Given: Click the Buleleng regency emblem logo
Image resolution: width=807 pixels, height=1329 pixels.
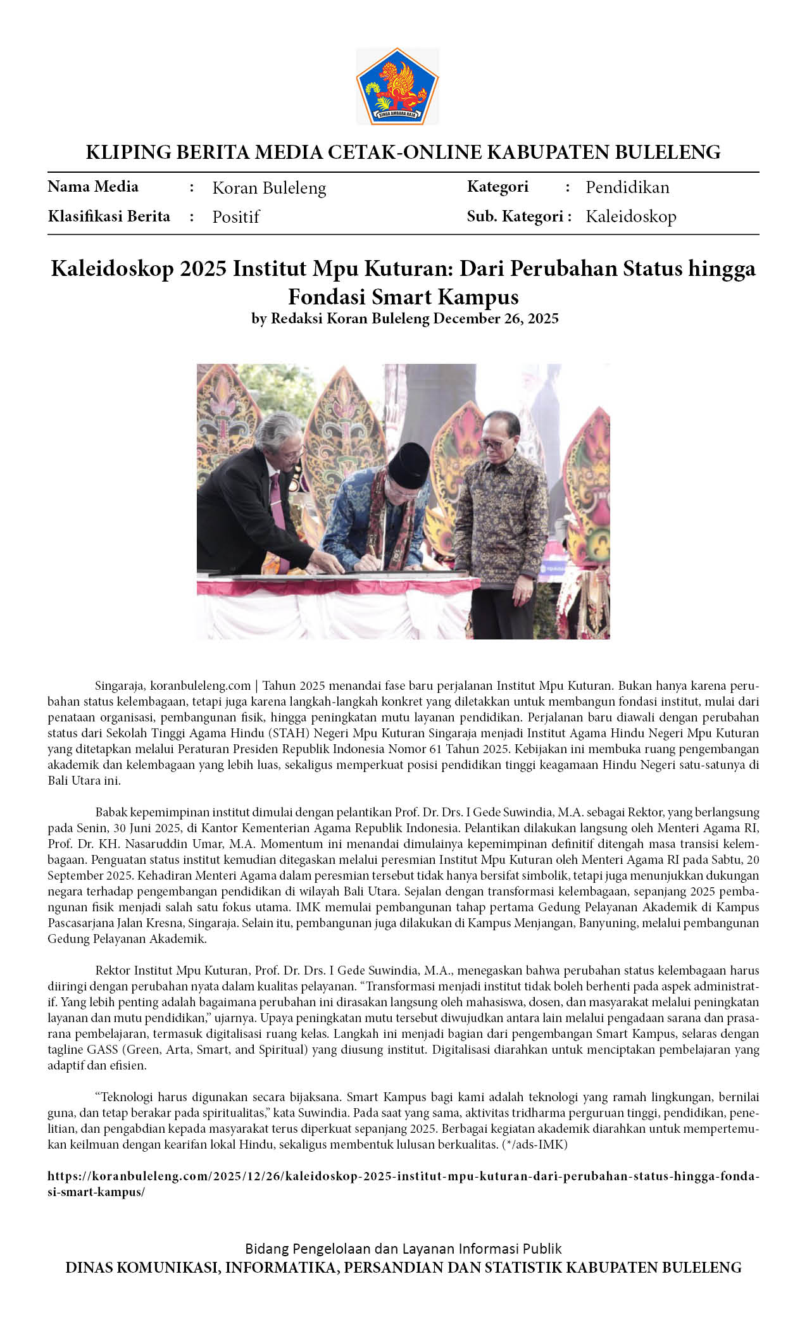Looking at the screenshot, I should [397, 86].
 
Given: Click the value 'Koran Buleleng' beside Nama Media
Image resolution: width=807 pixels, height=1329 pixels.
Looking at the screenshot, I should [269, 188].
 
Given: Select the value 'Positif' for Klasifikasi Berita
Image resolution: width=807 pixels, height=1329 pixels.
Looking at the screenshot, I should [235, 217].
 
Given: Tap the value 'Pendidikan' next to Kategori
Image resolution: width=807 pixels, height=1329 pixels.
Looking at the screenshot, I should [627, 187].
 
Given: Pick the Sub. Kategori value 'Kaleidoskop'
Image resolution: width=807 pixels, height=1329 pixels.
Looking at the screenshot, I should [630, 216].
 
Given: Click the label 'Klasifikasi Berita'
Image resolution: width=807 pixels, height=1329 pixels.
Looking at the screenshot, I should [109, 216].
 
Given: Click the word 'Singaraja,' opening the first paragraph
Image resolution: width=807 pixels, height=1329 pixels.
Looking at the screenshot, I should [120, 685].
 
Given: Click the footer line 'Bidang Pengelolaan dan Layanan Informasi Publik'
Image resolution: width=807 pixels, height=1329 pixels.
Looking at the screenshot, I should [403, 1249].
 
